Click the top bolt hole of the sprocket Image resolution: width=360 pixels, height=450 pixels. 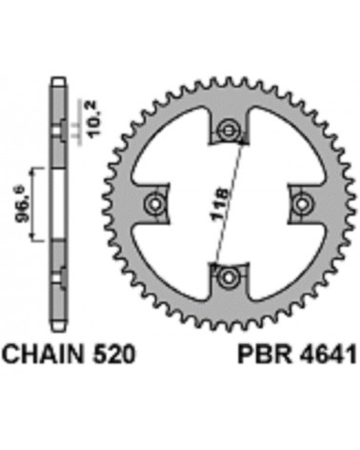click(x=228, y=130)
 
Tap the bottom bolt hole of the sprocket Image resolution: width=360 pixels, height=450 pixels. click(x=228, y=277)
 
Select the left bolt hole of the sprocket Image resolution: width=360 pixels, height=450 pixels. click(x=154, y=204)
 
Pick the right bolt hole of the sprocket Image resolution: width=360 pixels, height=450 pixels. click(x=301, y=202)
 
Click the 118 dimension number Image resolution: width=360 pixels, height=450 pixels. click(x=220, y=204)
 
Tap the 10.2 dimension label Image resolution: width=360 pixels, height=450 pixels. click(x=94, y=119)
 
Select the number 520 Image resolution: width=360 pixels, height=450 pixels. click(x=114, y=354)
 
